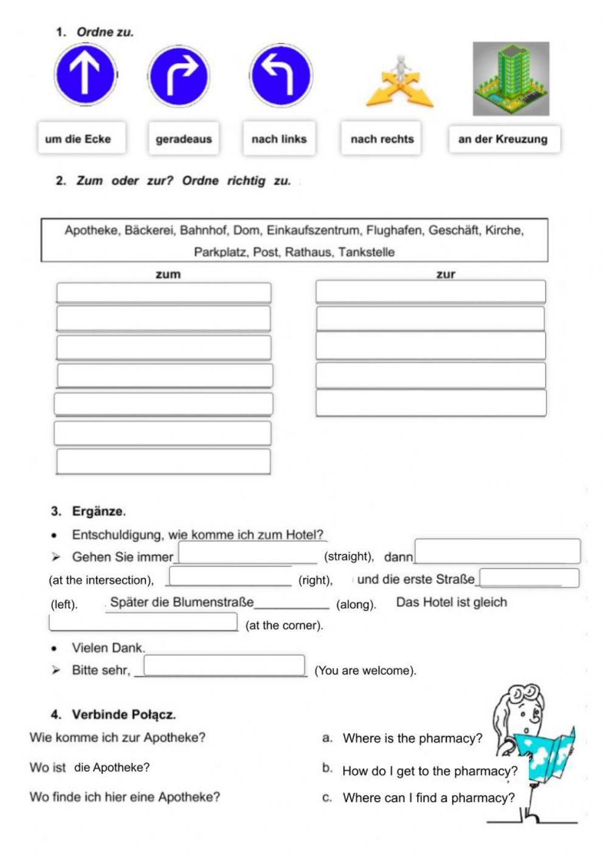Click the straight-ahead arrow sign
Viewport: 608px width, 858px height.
(85, 75)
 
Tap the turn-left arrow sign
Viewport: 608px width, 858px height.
(281, 75)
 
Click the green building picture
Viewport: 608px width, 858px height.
(511, 78)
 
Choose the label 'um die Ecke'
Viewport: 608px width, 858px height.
(81, 139)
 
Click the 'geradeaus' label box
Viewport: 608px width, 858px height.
(184, 139)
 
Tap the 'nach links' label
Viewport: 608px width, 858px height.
(279, 139)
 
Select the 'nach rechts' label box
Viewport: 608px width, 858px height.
(381, 139)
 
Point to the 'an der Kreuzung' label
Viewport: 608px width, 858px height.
(503, 139)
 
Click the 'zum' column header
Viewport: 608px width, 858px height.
(168, 274)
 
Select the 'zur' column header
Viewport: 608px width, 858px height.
(446, 274)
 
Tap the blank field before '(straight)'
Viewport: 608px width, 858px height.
(247, 553)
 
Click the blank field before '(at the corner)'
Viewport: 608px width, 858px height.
(143, 622)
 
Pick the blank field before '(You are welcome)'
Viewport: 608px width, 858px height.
(224, 665)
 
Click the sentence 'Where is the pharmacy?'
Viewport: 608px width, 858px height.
(412, 738)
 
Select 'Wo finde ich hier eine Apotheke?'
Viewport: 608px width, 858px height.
(125, 797)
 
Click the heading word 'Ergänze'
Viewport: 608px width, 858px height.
(98, 511)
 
